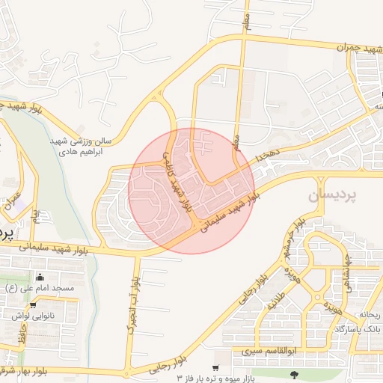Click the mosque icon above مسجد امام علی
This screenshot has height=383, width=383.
coord(49,278)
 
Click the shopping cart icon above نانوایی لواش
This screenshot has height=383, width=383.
coord(33,305)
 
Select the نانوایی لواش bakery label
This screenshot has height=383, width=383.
coord(31,316)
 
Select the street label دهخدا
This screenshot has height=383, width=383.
coord(266,155)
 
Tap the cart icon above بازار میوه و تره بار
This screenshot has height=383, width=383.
coord(215,367)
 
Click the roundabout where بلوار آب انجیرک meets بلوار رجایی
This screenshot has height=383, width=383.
coord(131,373)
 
